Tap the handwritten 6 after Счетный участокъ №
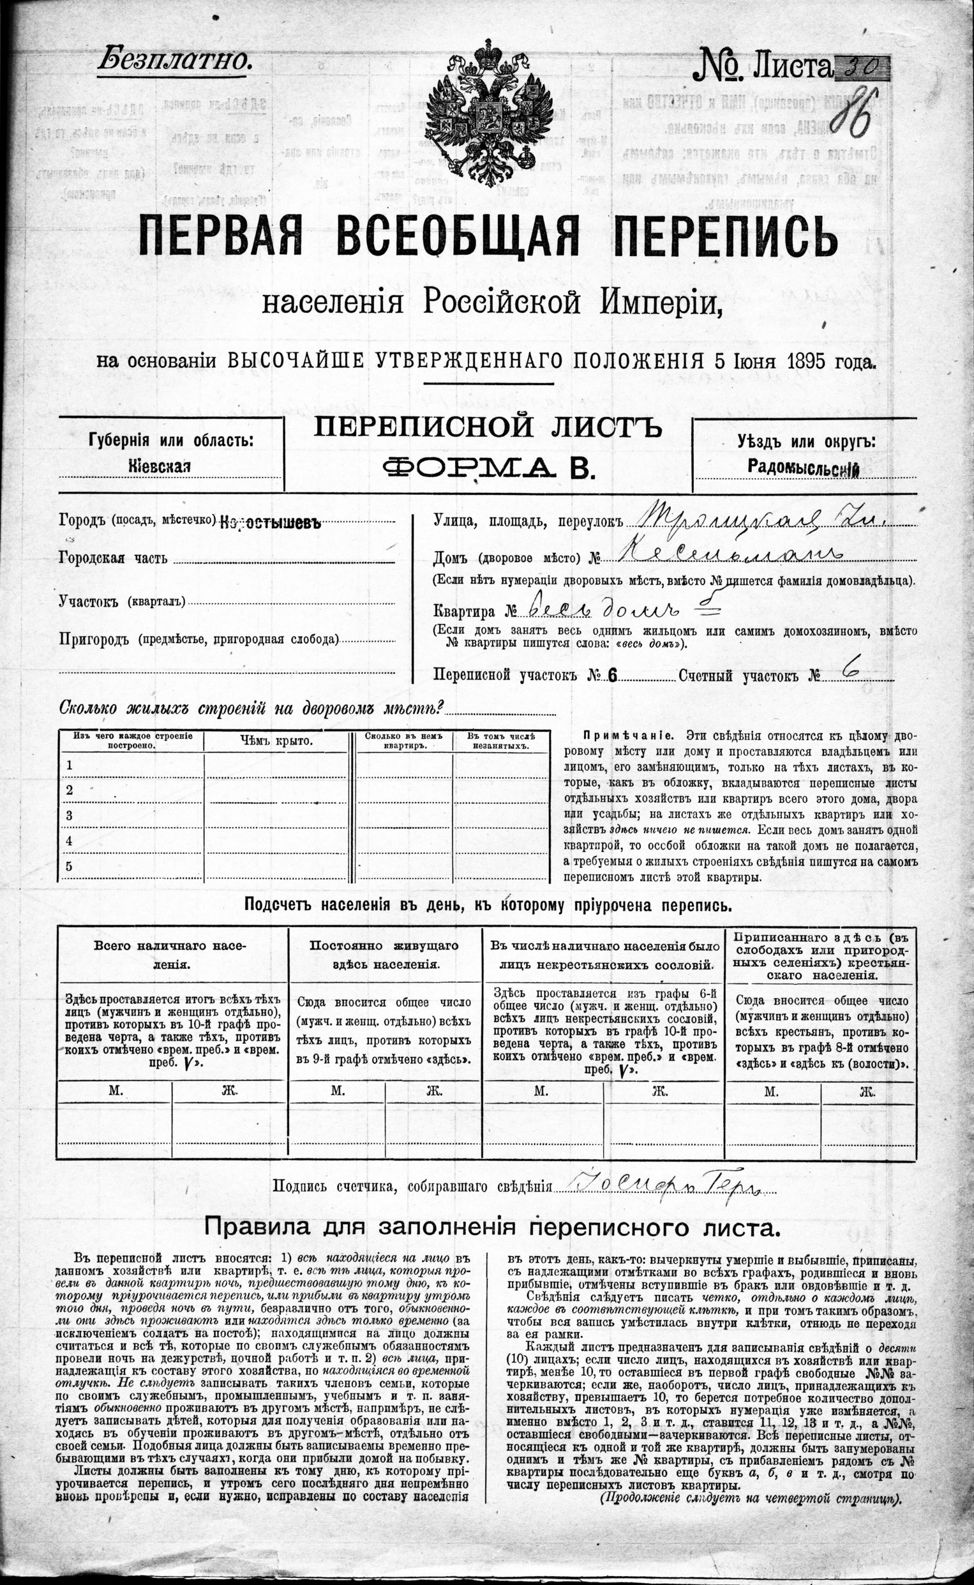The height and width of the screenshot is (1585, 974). coord(851,672)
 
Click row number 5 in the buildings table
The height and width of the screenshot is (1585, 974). coord(70,866)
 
